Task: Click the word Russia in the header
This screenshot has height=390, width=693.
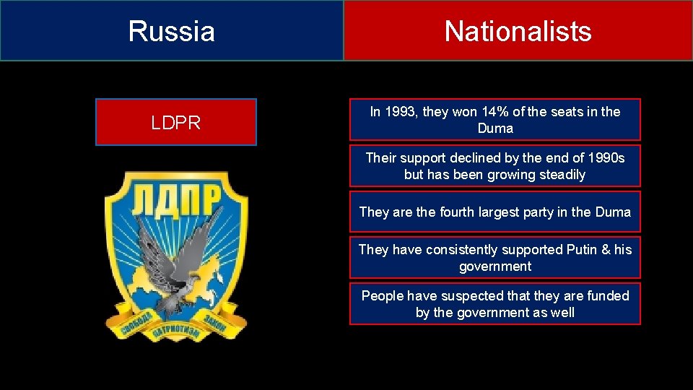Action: (172, 31)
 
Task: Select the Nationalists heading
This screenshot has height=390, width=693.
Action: (518, 31)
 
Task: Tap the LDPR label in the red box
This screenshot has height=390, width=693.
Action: (175, 123)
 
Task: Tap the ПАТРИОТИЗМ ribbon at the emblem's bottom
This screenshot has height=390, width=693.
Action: (175, 336)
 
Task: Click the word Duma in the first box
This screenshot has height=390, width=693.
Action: (495, 129)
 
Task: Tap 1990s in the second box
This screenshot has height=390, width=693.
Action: (605, 158)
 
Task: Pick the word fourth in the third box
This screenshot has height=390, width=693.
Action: (452, 212)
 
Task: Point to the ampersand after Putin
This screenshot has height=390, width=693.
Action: (606, 250)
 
